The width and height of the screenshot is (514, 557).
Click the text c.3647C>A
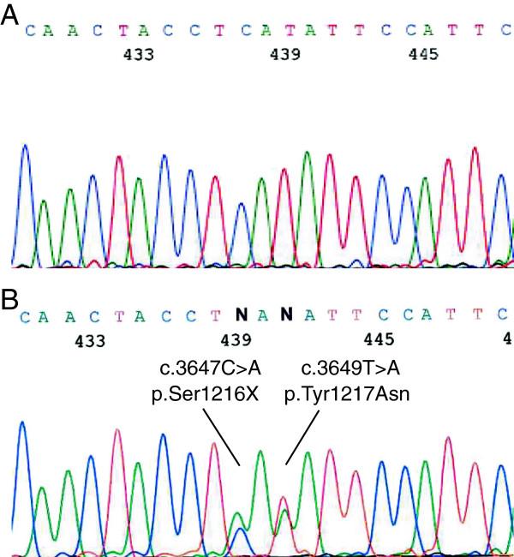click(199, 369)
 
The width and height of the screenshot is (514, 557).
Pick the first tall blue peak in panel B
click(23, 424)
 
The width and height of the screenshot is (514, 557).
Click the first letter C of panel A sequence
click(31, 31)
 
